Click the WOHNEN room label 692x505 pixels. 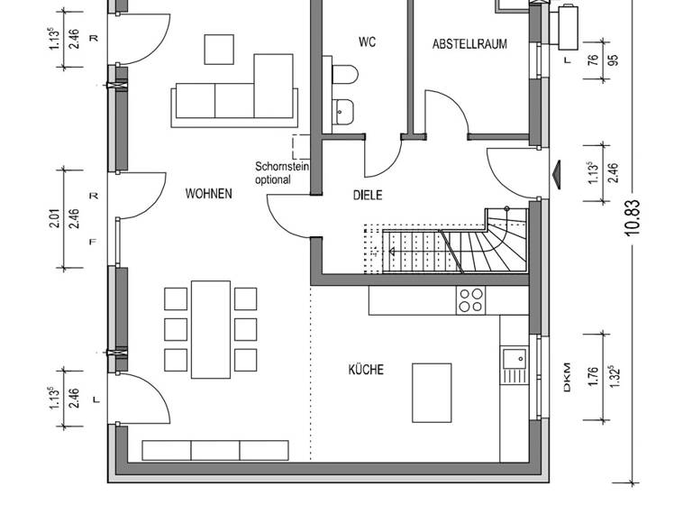pos(208,193)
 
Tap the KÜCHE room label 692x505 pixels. pos(366,370)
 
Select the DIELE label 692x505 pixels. pos(367,194)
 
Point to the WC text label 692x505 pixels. pos(366,42)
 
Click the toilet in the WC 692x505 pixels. pos(346,74)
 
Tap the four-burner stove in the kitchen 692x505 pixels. pos(470,299)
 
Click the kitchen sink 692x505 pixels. pos(514,365)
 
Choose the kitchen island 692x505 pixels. pos(432,392)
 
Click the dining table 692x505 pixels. pos(211,329)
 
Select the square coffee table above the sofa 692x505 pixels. pos(220,50)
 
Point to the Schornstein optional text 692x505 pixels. pos(273,173)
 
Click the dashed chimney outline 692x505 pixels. pos(300,147)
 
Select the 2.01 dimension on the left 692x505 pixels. pos(54,216)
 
